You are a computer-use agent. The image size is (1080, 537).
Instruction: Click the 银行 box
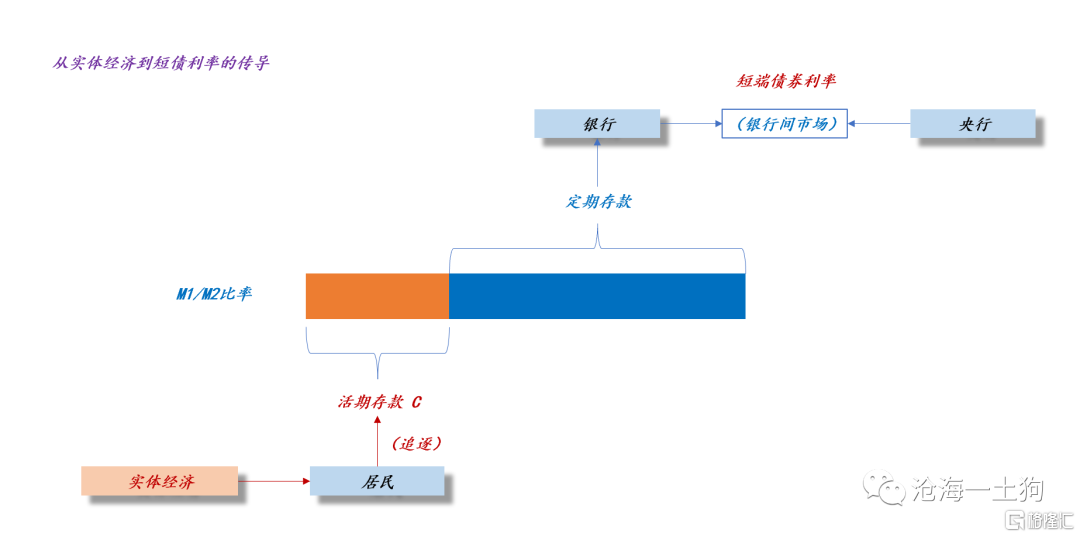[x=597, y=124]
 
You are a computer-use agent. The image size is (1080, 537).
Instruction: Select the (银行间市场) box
[x=785, y=124]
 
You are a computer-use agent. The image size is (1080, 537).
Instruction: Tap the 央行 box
[x=973, y=124]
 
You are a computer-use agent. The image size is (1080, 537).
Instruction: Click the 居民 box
[x=377, y=481]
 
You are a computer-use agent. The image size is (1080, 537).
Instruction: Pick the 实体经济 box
[x=159, y=481]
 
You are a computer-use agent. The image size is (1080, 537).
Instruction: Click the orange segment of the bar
[x=377, y=296]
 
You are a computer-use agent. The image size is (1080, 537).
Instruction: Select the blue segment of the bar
[x=597, y=296]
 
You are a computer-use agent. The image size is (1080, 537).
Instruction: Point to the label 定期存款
[x=598, y=202]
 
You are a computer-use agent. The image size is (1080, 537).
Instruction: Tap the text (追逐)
[x=416, y=443]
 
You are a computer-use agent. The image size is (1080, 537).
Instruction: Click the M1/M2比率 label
[x=214, y=295]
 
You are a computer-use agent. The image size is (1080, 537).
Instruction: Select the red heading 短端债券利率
[x=786, y=81]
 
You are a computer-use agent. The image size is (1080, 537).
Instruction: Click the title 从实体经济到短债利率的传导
[x=160, y=63]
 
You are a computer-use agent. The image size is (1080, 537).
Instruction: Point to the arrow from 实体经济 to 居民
[x=273, y=481]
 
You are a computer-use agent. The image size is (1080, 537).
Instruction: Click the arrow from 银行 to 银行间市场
[x=691, y=124]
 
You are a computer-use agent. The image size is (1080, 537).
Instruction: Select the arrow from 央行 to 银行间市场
[x=879, y=124]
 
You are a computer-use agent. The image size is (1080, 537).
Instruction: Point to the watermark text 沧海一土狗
[x=977, y=489]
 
